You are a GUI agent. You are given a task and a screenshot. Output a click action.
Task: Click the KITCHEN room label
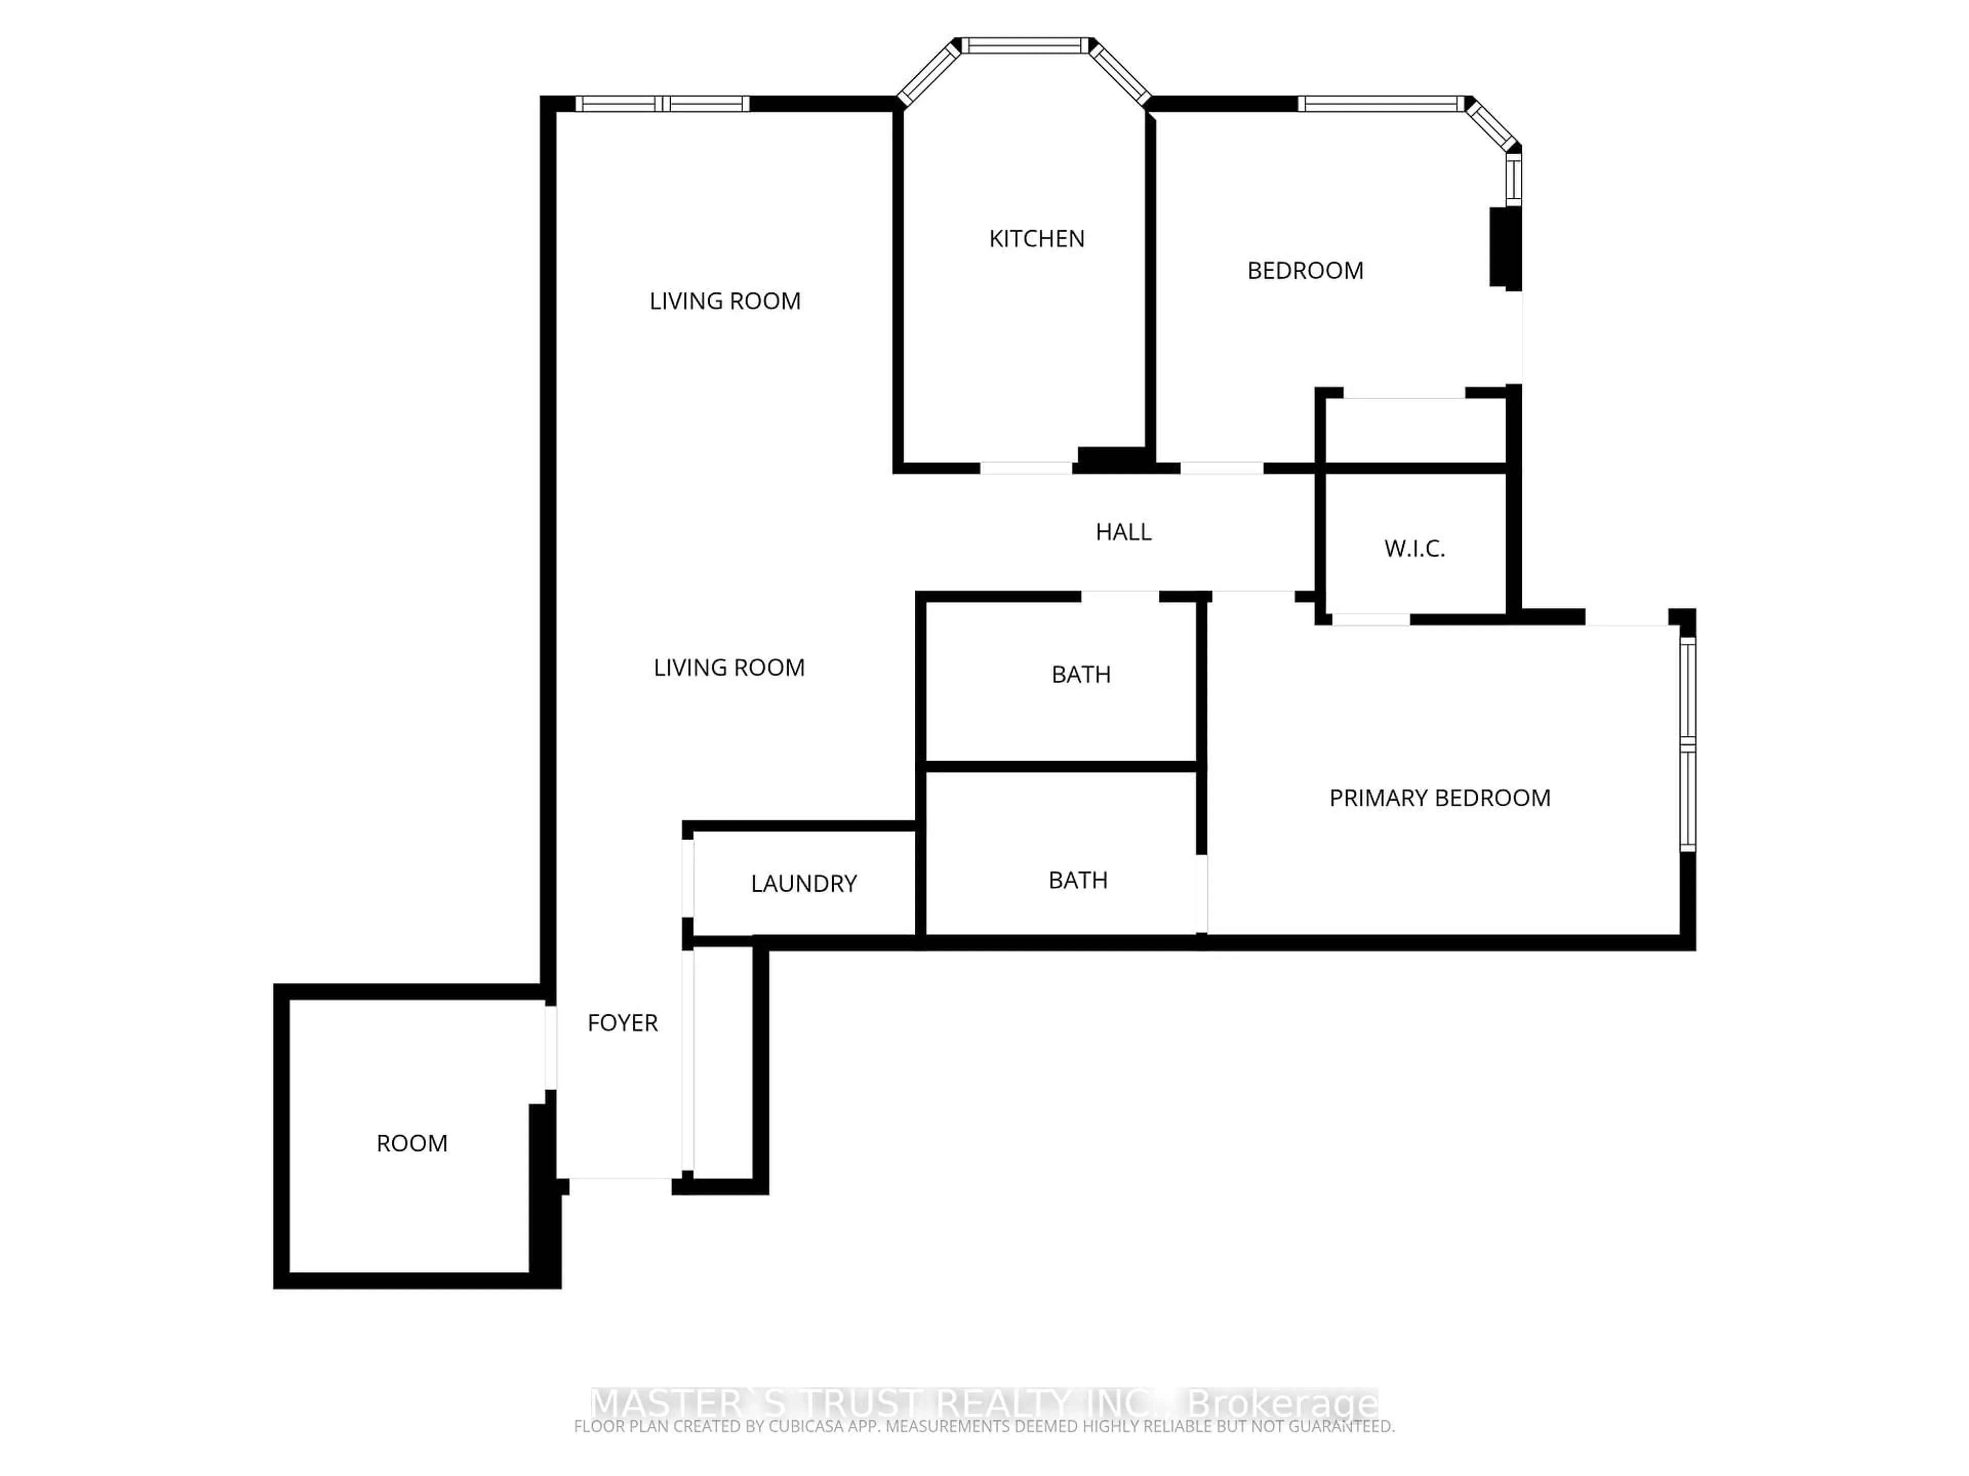pos(1036,238)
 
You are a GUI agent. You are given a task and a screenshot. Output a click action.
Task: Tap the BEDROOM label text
pos(1305,271)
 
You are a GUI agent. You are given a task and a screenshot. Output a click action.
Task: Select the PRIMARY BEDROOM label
pos(1439,798)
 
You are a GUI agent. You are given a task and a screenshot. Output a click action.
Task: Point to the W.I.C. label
pos(1414,549)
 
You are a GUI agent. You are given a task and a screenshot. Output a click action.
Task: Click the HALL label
pos(1123,532)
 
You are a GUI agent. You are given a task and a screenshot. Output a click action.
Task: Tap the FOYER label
pos(622,1023)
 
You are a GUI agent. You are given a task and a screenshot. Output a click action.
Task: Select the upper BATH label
pos(1080,674)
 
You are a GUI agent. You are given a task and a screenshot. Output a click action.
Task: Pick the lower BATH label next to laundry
pos(1077,880)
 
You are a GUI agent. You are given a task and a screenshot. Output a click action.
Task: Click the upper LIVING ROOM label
pos(725,301)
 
